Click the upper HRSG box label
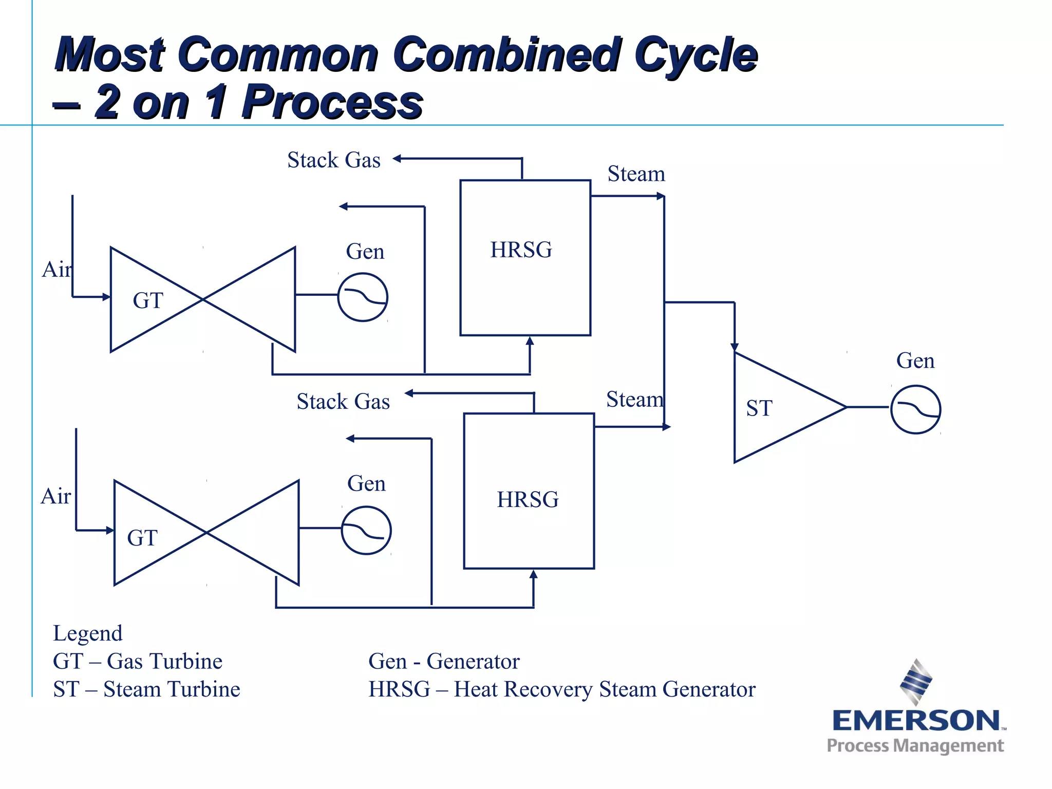521,250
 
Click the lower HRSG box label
528,500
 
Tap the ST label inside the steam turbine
759,409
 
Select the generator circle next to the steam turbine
915,409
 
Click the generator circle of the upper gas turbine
363,297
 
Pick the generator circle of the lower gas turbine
366,531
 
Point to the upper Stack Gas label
334,160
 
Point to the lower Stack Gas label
343,402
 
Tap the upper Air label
57,270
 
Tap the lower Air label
55,497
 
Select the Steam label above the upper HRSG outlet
636,174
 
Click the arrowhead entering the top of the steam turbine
735,347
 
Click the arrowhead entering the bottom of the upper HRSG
530,341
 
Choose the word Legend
88,633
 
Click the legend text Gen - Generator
444,662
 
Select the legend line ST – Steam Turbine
146,689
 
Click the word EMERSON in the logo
915,721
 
